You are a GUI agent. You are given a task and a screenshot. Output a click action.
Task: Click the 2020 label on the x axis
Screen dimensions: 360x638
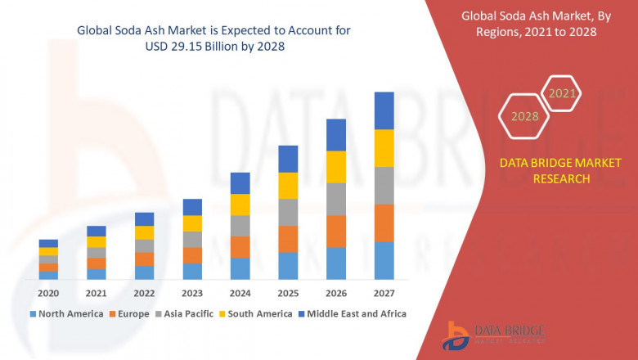coord(48,294)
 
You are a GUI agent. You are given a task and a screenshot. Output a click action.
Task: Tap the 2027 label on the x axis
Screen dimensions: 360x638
coord(384,294)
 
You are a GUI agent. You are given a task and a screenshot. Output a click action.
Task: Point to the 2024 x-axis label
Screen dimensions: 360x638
coord(240,294)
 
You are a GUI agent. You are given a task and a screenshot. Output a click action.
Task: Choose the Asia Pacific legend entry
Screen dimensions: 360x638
coord(187,313)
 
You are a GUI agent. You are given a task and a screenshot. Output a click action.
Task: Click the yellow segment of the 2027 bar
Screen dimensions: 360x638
coord(384,148)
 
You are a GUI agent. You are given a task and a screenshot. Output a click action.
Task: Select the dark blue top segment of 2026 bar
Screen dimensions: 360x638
coord(336,135)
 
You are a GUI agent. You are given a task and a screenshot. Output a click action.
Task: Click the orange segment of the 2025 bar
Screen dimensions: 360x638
coord(288,239)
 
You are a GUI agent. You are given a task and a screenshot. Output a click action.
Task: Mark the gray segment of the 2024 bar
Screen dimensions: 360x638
coord(240,226)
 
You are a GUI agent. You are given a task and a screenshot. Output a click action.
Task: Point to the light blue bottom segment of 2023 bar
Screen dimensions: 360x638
coord(192,272)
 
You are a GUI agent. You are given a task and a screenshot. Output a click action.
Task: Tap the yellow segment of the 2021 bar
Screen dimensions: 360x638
coord(97,241)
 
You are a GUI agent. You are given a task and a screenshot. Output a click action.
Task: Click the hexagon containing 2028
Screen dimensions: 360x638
coord(524,116)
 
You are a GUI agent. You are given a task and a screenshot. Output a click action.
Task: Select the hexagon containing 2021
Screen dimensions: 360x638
coord(562,93)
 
